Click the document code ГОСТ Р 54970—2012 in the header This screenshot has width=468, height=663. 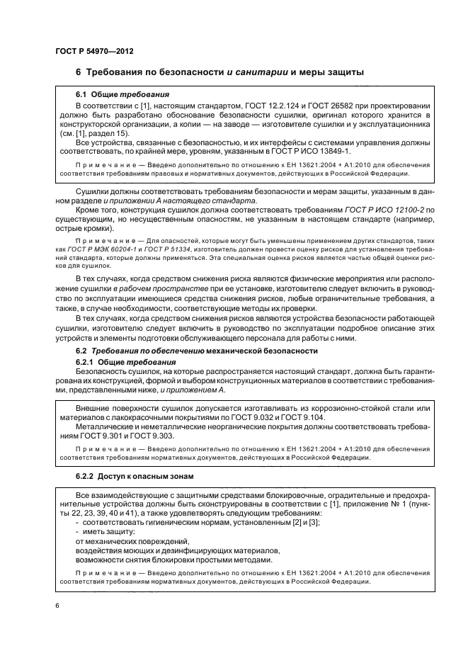(x=95, y=51)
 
